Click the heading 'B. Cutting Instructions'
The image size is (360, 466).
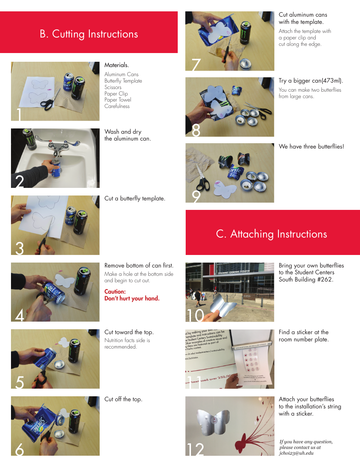[89, 34]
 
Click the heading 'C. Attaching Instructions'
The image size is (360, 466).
[271, 234]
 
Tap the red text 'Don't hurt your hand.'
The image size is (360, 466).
[132, 299]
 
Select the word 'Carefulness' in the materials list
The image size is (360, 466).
[117, 106]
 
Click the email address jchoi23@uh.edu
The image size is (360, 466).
[296, 453]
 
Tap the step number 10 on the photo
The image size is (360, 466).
[195, 315]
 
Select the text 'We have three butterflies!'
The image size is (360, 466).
[311, 147]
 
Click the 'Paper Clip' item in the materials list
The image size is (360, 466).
[116, 94]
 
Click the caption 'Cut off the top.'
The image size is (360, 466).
[123, 399]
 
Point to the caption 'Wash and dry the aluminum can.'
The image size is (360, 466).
[127, 135]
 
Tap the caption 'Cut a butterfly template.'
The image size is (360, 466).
[135, 199]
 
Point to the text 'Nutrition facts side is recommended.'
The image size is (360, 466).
[127, 343]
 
